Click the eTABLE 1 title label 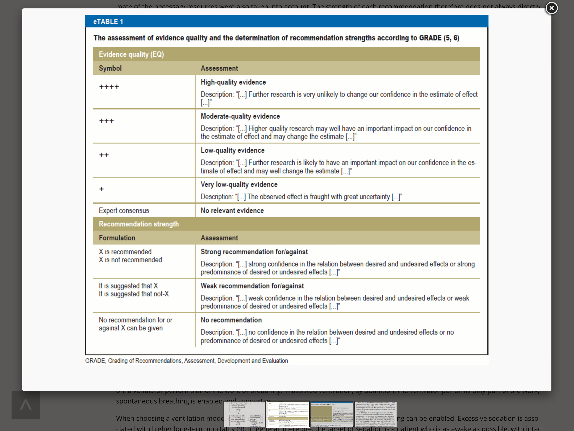tap(108, 22)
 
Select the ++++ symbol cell tap(109, 87)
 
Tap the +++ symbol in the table tap(106, 121)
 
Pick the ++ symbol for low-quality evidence tap(104, 155)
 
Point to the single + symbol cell tap(101, 189)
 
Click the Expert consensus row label tap(124, 211)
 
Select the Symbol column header tap(110, 68)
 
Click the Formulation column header tap(117, 238)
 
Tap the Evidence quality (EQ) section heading tap(131, 54)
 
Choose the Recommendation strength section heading tap(139, 224)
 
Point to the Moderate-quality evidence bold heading tap(240, 116)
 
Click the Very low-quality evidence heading tap(239, 185)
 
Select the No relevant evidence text tap(232, 211)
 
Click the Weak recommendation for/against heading tap(252, 286)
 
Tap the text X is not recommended tap(130, 260)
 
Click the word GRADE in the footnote tap(95, 361)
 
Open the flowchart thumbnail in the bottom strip tap(244, 414)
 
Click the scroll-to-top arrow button tap(26, 405)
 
